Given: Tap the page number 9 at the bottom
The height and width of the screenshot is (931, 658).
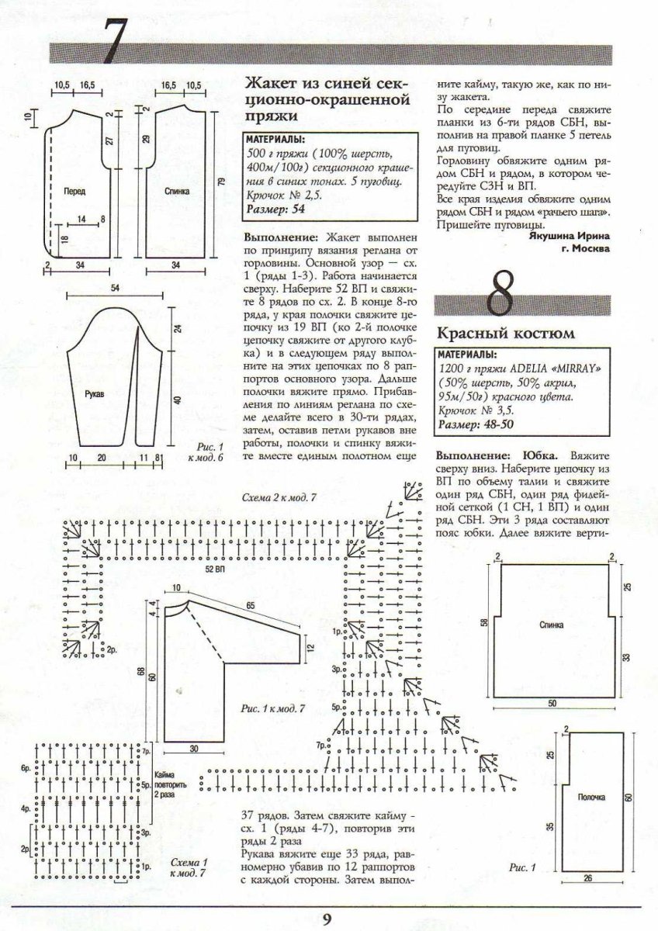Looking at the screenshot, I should pyautogui.click(x=327, y=919).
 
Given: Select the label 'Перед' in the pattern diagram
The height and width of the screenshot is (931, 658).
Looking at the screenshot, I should pyautogui.click(x=75, y=190).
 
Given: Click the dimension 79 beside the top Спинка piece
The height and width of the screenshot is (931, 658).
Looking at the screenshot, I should pyautogui.click(x=221, y=182).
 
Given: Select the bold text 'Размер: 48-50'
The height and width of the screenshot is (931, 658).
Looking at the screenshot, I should pyautogui.click(x=475, y=424).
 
